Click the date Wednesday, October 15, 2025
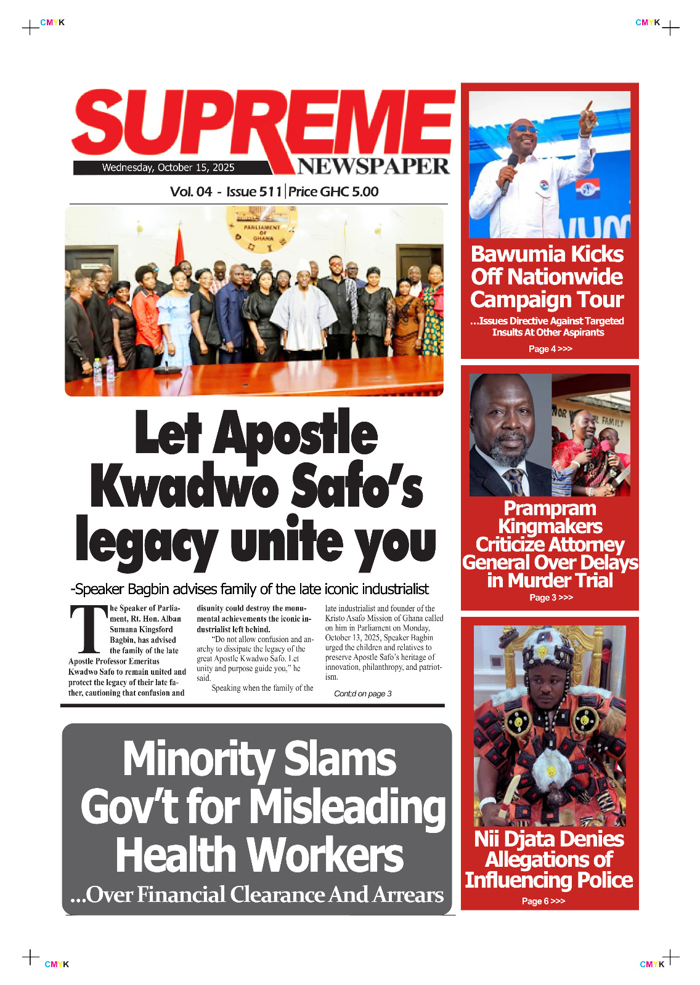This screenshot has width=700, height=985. (x=168, y=167)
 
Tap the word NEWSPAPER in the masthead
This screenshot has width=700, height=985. (x=373, y=166)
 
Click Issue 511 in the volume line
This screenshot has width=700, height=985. (x=254, y=191)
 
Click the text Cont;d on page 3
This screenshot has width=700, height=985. (x=362, y=694)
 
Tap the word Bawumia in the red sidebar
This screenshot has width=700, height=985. (x=517, y=254)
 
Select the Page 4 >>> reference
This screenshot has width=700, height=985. (x=550, y=349)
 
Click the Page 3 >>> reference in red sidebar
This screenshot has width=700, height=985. (x=551, y=598)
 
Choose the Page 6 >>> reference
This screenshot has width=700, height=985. (x=543, y=901)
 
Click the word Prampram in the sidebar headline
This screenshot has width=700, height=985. (x=550, y=509)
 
